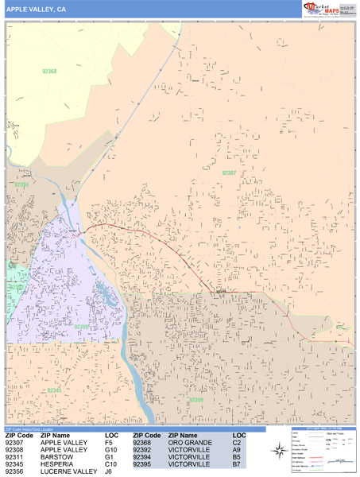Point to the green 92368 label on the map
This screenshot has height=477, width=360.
[x=48, y=72]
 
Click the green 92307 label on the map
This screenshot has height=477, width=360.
[x=229, y=173]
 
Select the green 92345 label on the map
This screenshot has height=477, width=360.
[x=53, y=390]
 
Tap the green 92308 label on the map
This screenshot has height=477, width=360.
[x=196, y=400]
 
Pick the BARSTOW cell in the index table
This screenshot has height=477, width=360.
[x=56, y=457]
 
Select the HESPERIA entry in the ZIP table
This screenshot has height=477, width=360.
[x=58, y=464]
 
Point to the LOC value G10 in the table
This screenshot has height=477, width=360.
[x=111, y=450]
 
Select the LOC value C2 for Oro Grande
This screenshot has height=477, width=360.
[x=237, y=443]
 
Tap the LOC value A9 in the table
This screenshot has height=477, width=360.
[x=237, y=450]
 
